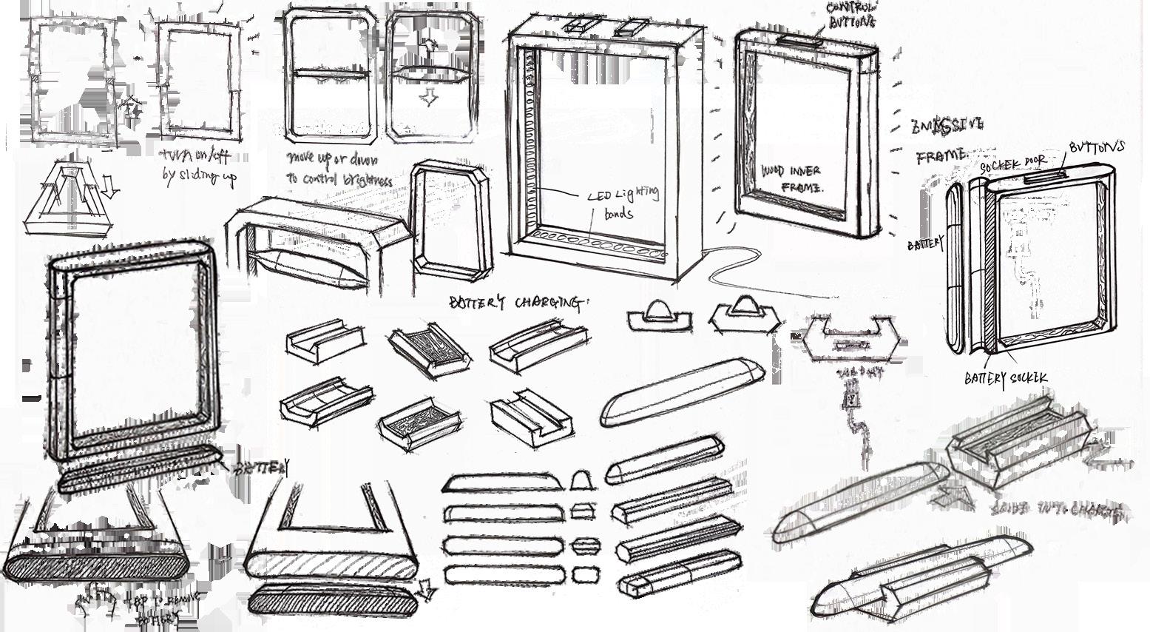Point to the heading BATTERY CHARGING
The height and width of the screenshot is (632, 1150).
point(517,302)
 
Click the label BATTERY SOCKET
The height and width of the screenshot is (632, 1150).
point(1005,378)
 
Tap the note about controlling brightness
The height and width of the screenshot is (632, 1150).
point(339,169)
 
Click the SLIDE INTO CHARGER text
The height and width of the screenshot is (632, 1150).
point(1058,510)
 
